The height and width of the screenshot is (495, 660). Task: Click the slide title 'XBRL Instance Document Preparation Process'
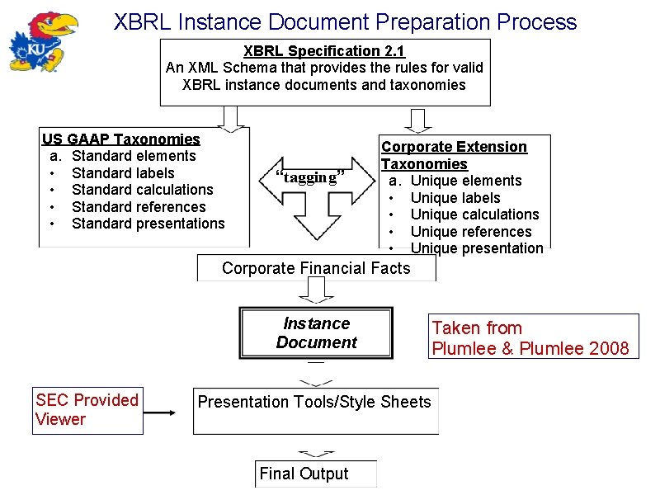345,21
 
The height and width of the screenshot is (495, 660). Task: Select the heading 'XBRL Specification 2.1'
324,51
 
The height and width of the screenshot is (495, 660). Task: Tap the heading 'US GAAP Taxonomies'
121,139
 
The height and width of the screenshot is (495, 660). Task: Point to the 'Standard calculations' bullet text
142,190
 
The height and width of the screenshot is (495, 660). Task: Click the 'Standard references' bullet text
139,207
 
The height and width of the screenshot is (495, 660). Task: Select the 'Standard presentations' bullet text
148,224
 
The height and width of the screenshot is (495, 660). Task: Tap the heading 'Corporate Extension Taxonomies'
453,155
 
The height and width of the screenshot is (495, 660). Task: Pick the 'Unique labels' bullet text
455,198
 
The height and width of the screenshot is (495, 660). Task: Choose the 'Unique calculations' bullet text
474,214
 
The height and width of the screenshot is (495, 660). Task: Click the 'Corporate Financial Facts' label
316,268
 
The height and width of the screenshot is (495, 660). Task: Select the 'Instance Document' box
317,333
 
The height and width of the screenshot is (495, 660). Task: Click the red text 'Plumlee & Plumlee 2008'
530,348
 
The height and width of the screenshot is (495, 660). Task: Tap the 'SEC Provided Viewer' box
87,410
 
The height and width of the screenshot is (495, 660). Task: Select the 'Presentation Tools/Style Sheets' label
313,403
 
